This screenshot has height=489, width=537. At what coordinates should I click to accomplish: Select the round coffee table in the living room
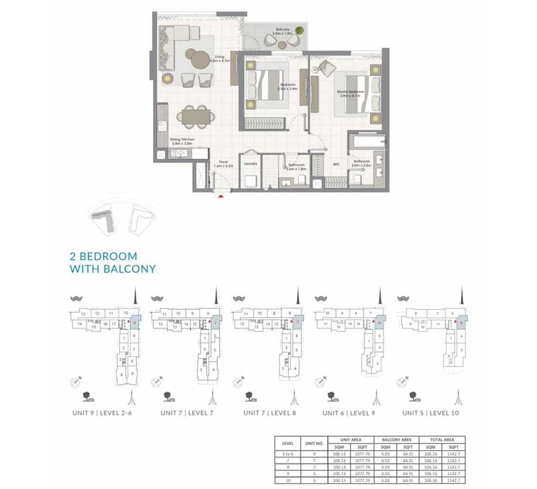click(x=200, y=60)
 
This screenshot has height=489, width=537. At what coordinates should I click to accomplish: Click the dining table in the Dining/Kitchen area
click(x=194, y=116)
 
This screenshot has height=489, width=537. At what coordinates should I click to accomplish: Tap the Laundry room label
click(x=250, y=164)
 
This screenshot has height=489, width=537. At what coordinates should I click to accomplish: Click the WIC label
click(x=336, y=164)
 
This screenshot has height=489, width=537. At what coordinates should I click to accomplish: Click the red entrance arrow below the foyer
click(x=221, y=196)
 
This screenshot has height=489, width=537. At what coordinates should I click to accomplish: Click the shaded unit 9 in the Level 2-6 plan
click(x=135, y=323)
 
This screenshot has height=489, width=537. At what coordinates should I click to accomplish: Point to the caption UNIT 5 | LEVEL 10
click(x=431, y=413)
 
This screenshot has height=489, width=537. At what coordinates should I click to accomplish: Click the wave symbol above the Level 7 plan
click(x=157, y=298)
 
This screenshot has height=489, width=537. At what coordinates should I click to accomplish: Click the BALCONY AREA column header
click(x=396, y=440)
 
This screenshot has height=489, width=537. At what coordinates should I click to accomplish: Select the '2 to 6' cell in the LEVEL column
click(x=288, y=454)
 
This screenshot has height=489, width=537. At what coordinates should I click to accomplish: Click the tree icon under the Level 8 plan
click(x=250, y=395)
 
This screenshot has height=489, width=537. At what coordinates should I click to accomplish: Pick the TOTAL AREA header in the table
click(x=442, y=440)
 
